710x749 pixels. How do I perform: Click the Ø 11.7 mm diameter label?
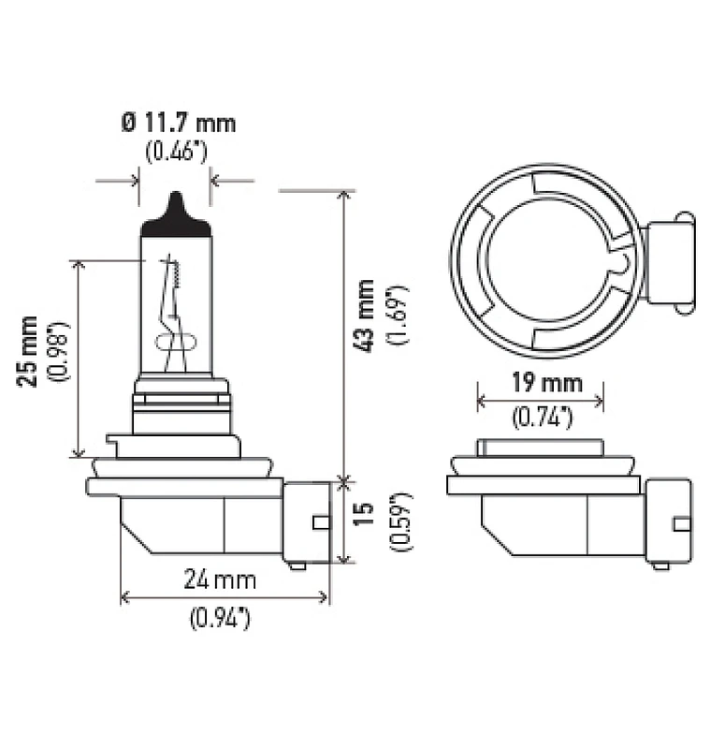(x=179, y=124)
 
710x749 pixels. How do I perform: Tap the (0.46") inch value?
(x=177, y=152)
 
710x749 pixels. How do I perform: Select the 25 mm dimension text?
(x=28, y=351)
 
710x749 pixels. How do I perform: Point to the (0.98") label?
(x=59, y=352)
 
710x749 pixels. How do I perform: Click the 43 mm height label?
(x=365, y=316)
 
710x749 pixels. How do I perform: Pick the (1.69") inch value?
(x=398, y=316)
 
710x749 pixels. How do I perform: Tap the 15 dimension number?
(x=364, y=514)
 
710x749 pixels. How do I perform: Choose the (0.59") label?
(x=400, y=521)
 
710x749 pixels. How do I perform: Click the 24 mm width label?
(x=220, y=580)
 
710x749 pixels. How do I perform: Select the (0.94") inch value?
(x=220, y=618)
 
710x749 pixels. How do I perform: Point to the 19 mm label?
(x=547, y=383)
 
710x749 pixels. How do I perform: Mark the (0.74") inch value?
(x=542, y=418)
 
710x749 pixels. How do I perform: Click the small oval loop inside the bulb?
(x=176, y=343)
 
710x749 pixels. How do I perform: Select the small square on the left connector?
(x=321, y=522)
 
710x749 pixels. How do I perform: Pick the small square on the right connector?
(x=682, y=524)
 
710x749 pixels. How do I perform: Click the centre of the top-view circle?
(x=546, y=261)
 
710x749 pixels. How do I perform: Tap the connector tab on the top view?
(x=670, y=264)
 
